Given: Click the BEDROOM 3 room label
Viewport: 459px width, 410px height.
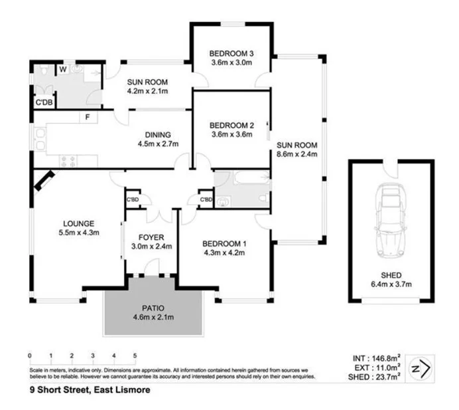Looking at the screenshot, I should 231,54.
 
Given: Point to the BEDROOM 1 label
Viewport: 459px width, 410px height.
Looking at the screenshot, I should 224,243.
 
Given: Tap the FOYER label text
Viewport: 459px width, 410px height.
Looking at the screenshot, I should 151,237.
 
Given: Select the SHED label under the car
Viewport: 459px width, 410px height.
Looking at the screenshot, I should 391,275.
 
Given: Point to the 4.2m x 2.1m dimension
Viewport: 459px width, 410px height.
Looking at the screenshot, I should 147,91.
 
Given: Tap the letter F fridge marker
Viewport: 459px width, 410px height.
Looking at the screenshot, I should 87,118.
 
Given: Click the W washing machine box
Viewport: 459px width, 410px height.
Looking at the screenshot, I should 62,68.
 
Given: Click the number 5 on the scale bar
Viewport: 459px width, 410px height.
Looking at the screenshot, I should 135,356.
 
